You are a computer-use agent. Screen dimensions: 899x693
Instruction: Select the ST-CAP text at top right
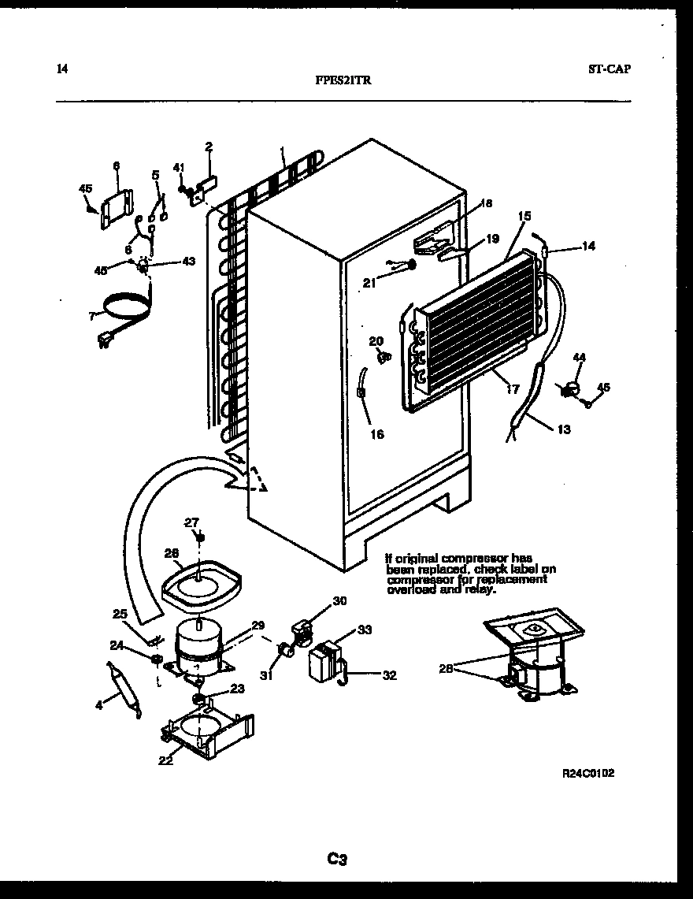(x=609, y=69)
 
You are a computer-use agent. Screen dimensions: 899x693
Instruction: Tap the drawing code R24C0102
(x=587, y=773)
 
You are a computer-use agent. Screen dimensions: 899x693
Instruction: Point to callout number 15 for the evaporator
(x=524, y=215)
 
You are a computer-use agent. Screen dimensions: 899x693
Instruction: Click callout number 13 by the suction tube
(x=563, y=429)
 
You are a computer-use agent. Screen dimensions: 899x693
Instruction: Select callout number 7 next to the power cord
(x=92, y=316)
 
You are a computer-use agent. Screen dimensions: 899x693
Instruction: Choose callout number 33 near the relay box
(x=364, y=630)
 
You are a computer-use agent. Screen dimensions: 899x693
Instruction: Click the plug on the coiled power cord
(x=102, y=341)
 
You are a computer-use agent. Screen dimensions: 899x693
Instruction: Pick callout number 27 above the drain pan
(x=192, y=522)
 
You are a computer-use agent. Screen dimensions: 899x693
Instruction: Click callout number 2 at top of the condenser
(x=209, y=146)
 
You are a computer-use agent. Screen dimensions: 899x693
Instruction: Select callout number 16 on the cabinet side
(x=377, y=433)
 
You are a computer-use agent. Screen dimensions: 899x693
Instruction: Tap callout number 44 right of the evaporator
(x=580, y=358)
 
